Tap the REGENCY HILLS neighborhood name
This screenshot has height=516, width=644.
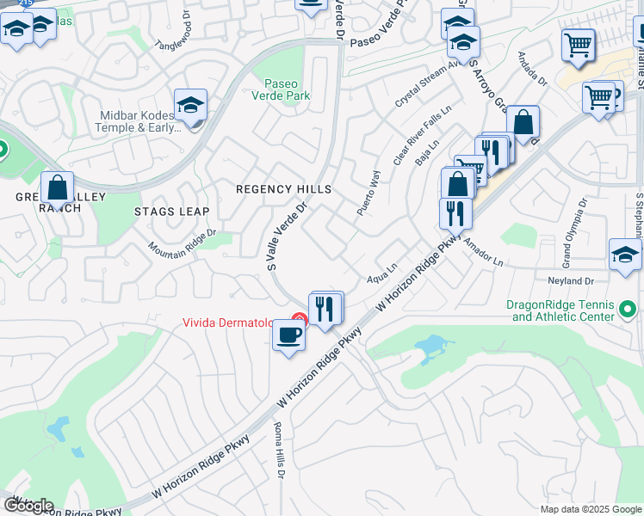(x=283, y=189)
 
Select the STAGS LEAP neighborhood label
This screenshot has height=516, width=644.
(x=171, y=211)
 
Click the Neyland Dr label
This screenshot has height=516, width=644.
(x=571, y=281)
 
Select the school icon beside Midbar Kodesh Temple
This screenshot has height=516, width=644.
(x=190, y=106)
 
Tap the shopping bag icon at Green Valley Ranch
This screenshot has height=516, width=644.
(x=57, y=187)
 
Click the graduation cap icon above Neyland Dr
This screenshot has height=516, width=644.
(x=625, y=255)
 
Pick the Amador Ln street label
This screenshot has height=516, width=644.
(x=482, y=252)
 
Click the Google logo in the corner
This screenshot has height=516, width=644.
(x=28, y=506)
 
